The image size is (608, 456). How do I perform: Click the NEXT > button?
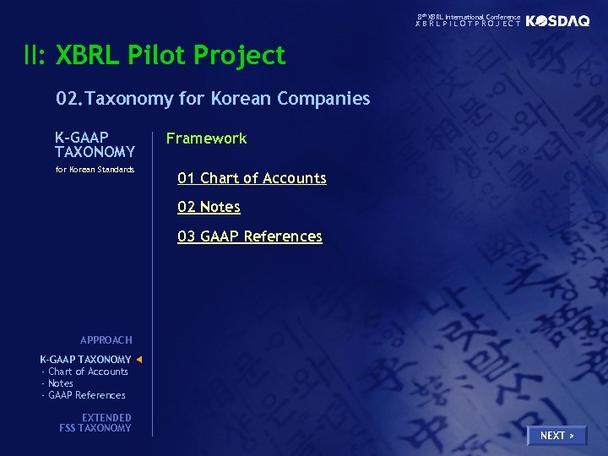[x=556, y=436]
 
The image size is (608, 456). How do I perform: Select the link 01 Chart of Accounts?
[x=252, y=178]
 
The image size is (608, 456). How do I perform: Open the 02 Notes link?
[x=209, y=207]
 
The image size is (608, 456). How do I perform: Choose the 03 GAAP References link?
[x=249, y=236]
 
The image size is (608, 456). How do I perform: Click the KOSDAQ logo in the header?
[x=558, y=21]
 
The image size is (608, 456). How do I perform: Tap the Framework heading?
[x=206, y=138]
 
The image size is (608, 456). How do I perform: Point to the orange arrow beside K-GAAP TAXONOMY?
[x=139, y=360]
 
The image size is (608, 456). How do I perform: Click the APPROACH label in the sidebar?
[x=106, y=340]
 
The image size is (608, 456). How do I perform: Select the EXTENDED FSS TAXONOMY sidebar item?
[x=95, y=423]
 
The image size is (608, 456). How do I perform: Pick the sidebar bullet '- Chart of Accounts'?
[x=84, y=372]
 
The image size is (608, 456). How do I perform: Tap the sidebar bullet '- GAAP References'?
[x=83, y=395]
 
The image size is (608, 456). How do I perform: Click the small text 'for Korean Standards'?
[x=95, y=170]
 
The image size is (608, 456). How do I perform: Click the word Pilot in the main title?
[x=157, y=56]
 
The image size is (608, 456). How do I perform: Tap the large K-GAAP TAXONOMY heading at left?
[x=95, y=144]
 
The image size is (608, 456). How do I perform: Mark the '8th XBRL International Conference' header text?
[x=469, y=17]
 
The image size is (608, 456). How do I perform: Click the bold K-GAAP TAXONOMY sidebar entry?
[x=85, y=360]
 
